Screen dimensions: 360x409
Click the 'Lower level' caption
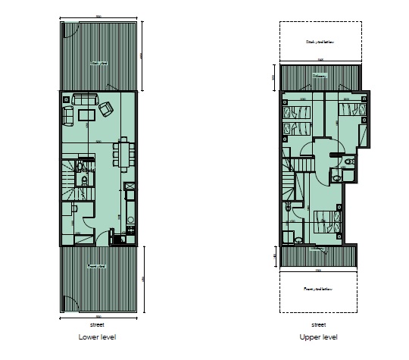[97, 337]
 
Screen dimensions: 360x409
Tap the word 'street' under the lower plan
[97, 324]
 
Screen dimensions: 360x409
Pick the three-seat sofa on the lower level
[82, 99]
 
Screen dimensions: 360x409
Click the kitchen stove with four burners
[130, 221]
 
